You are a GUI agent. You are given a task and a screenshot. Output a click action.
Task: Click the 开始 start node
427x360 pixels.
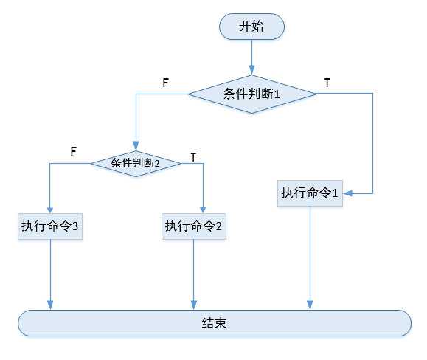(251, 27)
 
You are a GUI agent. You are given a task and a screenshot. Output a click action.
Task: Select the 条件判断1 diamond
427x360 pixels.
(251, 94)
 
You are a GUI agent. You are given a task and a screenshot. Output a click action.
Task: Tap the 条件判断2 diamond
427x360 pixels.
(136, 163)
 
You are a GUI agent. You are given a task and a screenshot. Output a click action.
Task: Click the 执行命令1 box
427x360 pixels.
(310, 193)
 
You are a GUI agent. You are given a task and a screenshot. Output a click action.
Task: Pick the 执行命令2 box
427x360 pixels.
(193, 226)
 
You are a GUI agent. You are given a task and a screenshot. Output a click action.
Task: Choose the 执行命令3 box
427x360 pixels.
(50, 226)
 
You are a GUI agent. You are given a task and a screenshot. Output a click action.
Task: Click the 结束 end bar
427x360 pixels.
(214, 323)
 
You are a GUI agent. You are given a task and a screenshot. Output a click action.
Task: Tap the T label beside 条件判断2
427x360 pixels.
(193, 157)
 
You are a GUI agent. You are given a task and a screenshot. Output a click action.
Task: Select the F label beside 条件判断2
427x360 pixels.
(73, 150)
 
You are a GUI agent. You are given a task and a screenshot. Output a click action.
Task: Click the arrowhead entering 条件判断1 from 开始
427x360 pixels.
(251, 71)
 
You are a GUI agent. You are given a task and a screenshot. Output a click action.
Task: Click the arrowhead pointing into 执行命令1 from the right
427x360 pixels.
(347, 193)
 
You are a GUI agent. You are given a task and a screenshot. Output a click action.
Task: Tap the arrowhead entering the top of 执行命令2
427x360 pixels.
(202, 210)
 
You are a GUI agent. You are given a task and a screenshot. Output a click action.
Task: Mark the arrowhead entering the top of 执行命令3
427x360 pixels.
(50, 210)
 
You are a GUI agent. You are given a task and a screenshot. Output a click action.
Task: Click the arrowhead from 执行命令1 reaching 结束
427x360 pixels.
(310, 306)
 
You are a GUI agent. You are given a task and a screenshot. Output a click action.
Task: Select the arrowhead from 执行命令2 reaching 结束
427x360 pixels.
(193, 306)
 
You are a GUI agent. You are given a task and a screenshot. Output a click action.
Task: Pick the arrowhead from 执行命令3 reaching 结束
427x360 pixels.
(50, 306)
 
